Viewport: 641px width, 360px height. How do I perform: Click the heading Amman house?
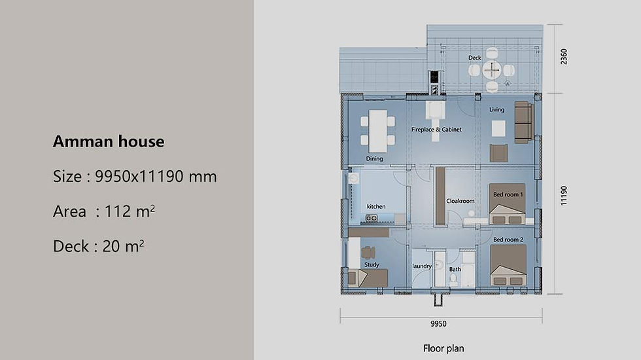click(x=109, y=141)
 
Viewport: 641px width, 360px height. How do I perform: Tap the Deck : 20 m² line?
click(x=99, y=247)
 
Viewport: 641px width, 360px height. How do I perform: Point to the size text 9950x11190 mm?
click(x=156, y=177)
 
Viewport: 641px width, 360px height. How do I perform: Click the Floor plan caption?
click(x=443, y=348)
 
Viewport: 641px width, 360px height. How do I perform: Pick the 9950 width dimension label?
click(x=438, y=324)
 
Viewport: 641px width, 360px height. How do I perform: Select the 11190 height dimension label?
click(x=564, y=195)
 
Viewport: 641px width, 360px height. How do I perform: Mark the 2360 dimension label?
click(x=564, y=58)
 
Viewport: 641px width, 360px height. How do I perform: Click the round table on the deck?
click(x=492, y=69)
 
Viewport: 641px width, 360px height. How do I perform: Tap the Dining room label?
click(x=374, y=158)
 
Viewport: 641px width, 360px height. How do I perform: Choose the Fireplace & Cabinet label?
click(x=436, y=130)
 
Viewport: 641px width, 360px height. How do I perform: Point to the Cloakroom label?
click(x=460, y=201)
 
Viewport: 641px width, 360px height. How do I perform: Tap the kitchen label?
click(x=375, y=206)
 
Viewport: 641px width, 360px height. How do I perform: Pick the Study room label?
click(x=372, y=265)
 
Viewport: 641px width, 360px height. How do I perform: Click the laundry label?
click(x=421, y=266)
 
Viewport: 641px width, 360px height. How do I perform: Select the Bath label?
click(x=455, y=269)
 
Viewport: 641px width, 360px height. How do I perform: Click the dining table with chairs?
click(x=377, y=127)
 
